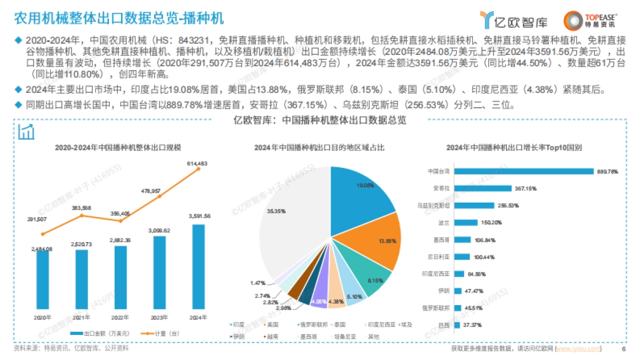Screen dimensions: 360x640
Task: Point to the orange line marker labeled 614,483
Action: coord(198,169)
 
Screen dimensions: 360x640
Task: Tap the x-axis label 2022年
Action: coord(121,317)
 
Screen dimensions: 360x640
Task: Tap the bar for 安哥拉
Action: coord(481,188)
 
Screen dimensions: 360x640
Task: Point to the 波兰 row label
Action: coord(443,222)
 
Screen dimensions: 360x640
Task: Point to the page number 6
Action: coord(623,349)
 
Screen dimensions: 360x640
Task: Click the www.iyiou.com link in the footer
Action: coord(578,349)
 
